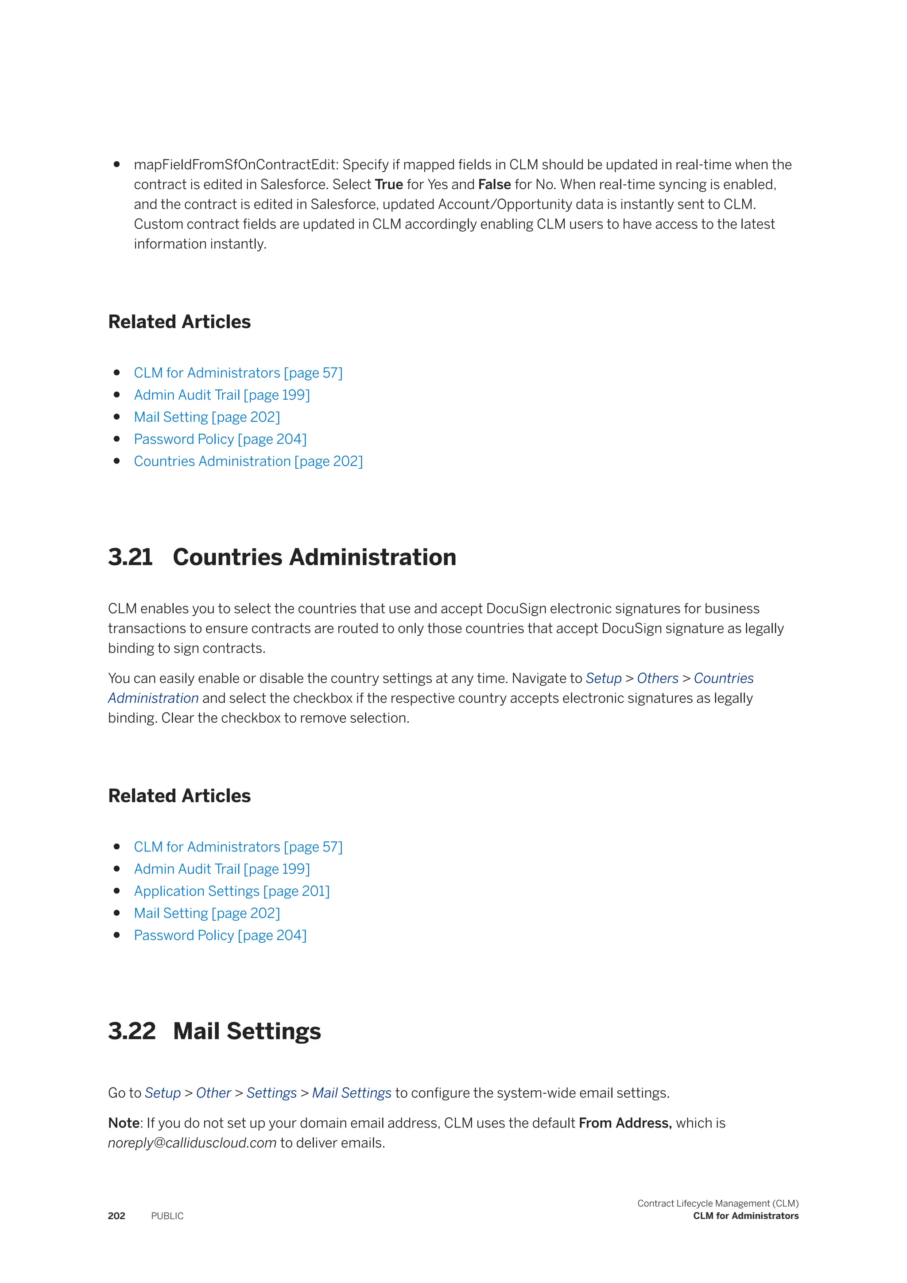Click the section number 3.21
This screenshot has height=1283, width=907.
(130, 557)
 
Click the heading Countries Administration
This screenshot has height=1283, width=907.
(314, 557)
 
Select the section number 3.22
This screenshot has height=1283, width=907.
(132, 1031)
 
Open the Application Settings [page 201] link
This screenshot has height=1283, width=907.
(232, 891)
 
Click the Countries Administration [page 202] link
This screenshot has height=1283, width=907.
(248, 461)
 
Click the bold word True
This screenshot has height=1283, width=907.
(389, 184)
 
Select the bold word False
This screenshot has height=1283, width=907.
(494, 184)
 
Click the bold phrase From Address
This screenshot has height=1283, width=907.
(624, 1123)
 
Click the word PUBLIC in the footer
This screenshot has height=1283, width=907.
(167, 1216)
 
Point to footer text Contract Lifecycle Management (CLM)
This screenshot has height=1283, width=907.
(717, 1203)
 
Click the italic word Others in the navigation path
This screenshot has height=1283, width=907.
(657, 678)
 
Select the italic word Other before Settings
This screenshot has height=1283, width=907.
(213, 1093)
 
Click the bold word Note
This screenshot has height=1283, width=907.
(124, 1123)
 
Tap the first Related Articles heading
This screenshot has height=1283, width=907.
(179, 322)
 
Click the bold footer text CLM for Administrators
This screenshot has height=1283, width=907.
(746, 1216)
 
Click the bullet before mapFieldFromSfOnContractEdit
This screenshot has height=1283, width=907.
(117, 164)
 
